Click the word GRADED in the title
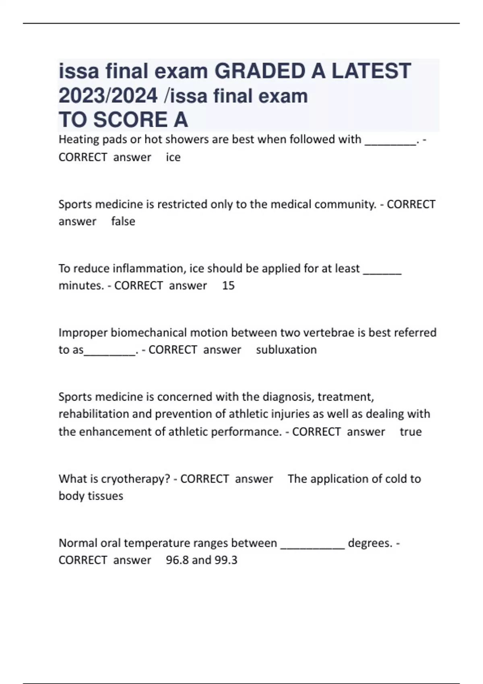coord(259,71)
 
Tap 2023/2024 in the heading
coord(108,96)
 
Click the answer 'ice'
coord(173,157)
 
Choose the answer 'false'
coord(123,221)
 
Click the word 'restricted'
coord(182,204)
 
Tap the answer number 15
coord(228,286)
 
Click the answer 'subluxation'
coord(286,350)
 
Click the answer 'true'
coord(411,432)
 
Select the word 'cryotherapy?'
coord(135,479)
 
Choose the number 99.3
coord(226,560)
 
